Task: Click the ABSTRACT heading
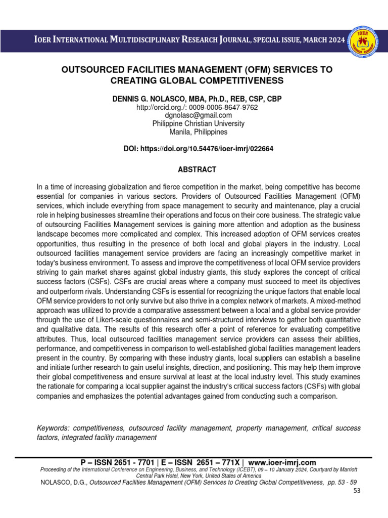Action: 197,169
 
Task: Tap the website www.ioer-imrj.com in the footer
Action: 282,462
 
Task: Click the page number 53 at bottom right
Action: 357,491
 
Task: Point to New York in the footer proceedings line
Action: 200,476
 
